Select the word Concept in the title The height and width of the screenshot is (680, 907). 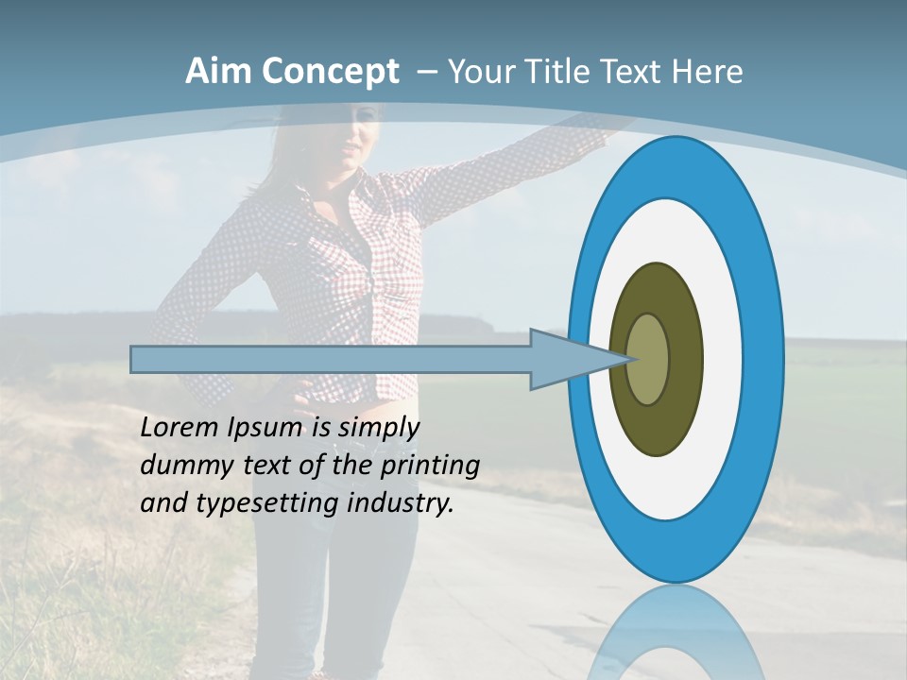329,73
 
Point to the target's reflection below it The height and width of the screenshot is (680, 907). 675,633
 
